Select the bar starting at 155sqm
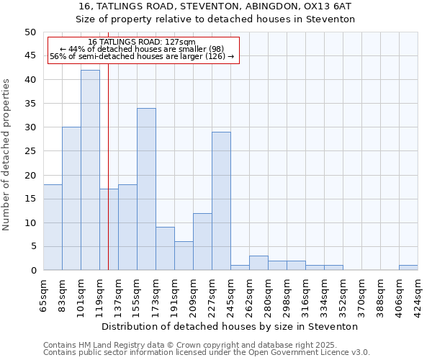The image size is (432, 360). [x=146, y=189]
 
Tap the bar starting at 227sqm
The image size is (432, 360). [x=221, y=201]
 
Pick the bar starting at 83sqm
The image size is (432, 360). [x=71, y=199]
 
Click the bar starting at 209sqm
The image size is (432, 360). [x=202, y=242]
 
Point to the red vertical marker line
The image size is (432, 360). [x=108, y=180]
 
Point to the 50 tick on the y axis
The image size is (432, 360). [x=30, y=32]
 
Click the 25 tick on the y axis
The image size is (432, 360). [x=30, y=151]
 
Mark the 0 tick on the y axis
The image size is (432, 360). [x=32, y=270]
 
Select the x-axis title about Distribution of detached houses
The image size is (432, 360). [x=230, y=326]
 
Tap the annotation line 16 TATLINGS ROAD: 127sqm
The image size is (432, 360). [x=142, y=42]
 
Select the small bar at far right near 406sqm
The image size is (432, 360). [x=408, y=268]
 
